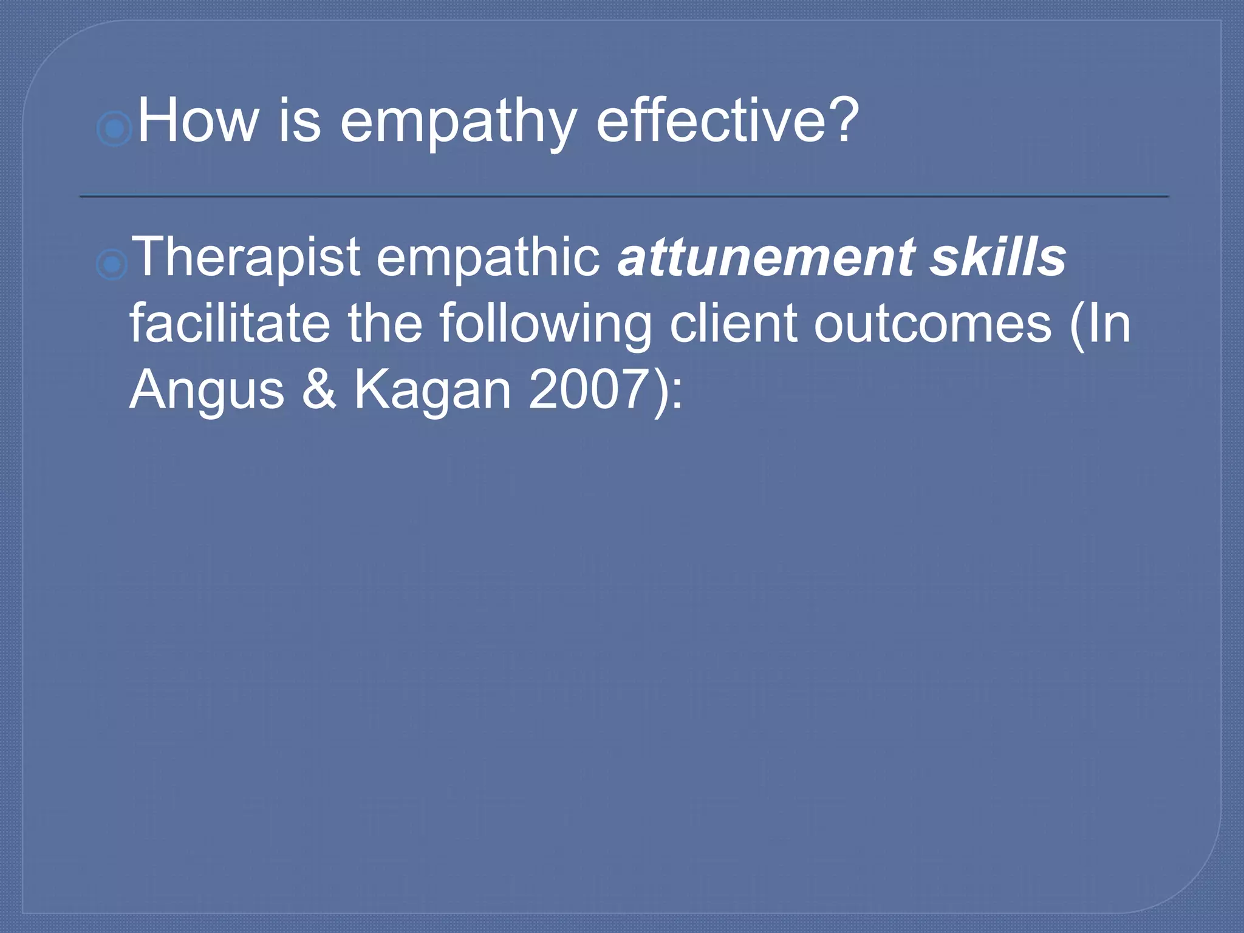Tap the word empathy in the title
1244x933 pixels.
tap(457, 125)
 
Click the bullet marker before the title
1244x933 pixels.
tap(114, 129)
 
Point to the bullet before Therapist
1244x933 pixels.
tap(112, 265)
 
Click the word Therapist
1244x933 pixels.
tap(246, 258)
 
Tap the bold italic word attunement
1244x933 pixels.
tap(766, 257)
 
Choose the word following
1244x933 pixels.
tap(544, 325)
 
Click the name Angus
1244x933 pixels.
tap(207, 391)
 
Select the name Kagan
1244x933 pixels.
tap(432, 391)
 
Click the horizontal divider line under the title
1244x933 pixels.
tap(624, 196)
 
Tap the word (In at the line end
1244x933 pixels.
tap(1100, 324)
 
